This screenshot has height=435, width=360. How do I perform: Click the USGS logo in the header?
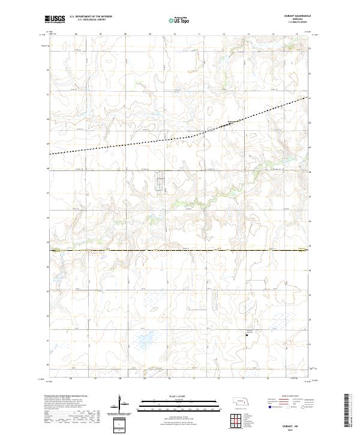(55, 20)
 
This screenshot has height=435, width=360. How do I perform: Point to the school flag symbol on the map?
(248, 335)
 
